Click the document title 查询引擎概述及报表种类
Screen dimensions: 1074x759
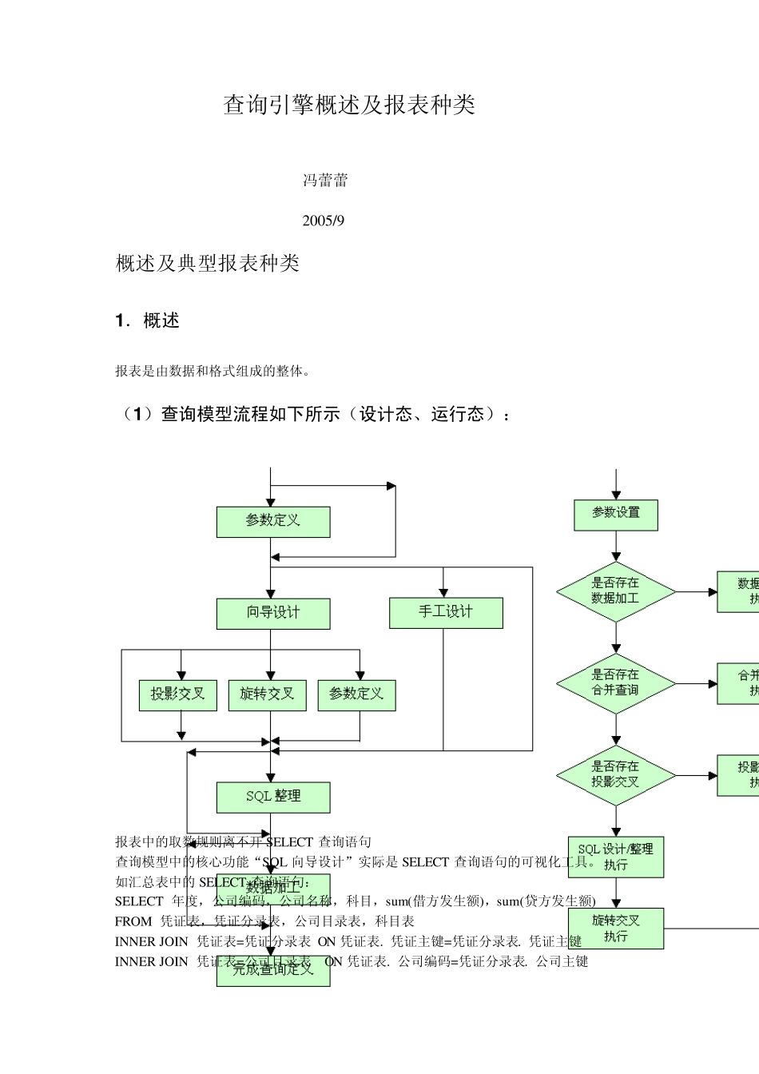pyautogui.click(x=349, y=105)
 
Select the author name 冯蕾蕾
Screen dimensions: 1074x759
pyautogui.click(x=325, y=181)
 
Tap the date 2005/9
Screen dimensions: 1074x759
pyautogui.click(x=323, y=221)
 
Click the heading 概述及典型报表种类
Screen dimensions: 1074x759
pyautogui.click(x=208, y=264)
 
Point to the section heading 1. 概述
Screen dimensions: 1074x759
pyautogui.click(x=148, y=321)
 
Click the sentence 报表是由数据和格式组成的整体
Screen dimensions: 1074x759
pyautogui.click(x=213, y=371)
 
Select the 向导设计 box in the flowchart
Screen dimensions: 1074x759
pyautogui.click(x=272, y=613)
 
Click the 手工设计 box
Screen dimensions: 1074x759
pyautogui.click(x=446, y=612)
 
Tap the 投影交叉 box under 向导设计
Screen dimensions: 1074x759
pyautogui.click(x=177, y=694)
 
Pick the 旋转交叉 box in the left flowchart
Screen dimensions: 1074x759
pyautogui.click(x=267, y=694)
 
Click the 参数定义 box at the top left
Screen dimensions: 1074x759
pyautogui.click(x=272, y=521)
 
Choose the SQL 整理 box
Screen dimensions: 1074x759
pyautogui.click(x=272, y=797)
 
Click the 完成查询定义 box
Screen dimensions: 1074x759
pyautogui.click(x=272, y=971)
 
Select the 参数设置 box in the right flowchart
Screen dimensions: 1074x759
pyautogui.click(x=615, y=514)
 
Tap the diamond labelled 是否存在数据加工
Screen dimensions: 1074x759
pyautogui.click(x=615, y=591)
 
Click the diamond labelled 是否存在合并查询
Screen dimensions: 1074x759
pyautogui.click(x=615, y=682)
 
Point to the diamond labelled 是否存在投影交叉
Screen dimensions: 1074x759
pyautogui.click(x=615, y=774)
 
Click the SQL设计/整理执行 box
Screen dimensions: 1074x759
pyautogui.click(x=615, y=857)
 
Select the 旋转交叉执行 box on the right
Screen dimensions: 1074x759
pyautogui.click(x=615, y=928)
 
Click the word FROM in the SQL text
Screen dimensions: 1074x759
pyautogui.click(x=133, y=921)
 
